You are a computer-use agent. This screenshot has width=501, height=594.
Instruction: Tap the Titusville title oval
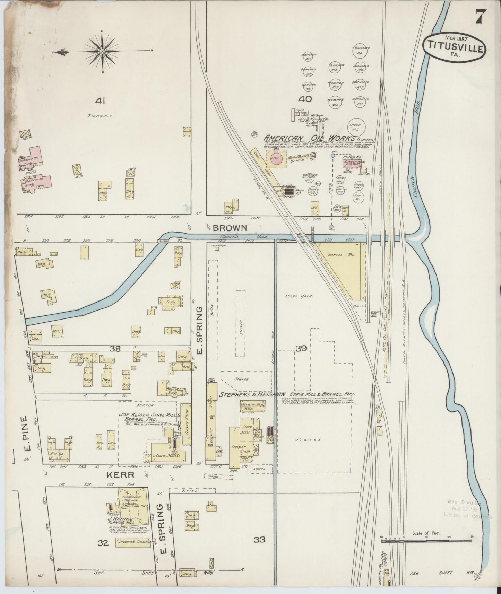click(455, 48)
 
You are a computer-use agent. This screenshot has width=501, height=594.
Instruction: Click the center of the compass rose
click(102, 52)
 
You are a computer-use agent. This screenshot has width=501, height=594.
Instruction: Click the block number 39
click(301, 349)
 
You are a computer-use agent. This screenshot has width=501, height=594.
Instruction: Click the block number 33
click(259, 540)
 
